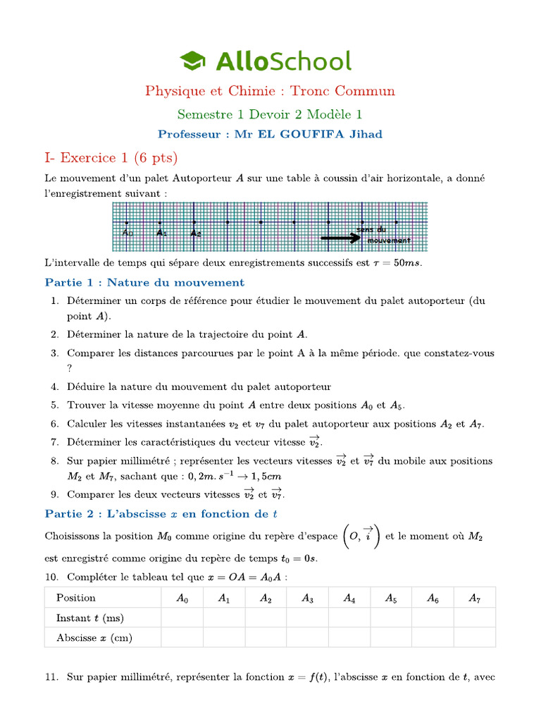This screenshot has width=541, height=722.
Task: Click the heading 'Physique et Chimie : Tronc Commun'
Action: (270, 91)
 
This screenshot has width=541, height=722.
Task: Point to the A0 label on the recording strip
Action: (128, 233)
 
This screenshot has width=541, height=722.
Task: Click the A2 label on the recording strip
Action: (196, 233)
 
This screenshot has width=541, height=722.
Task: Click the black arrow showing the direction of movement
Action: (340, 238)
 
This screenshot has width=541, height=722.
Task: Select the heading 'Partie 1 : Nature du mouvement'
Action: (144, 283)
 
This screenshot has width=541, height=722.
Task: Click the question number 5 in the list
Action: (55, 405)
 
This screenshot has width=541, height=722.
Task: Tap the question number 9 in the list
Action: (55, 494)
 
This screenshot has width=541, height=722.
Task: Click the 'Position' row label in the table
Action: (76, 598)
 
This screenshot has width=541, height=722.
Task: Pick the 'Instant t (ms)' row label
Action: (89, 618)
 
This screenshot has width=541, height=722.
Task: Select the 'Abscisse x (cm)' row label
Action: (94, 637)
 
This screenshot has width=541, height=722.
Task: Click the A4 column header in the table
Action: (349, 598)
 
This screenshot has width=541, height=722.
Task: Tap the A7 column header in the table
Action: (475, 598)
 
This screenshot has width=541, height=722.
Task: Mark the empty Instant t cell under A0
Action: (182, 618)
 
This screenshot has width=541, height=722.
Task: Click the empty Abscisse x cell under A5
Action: (391, 637)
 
